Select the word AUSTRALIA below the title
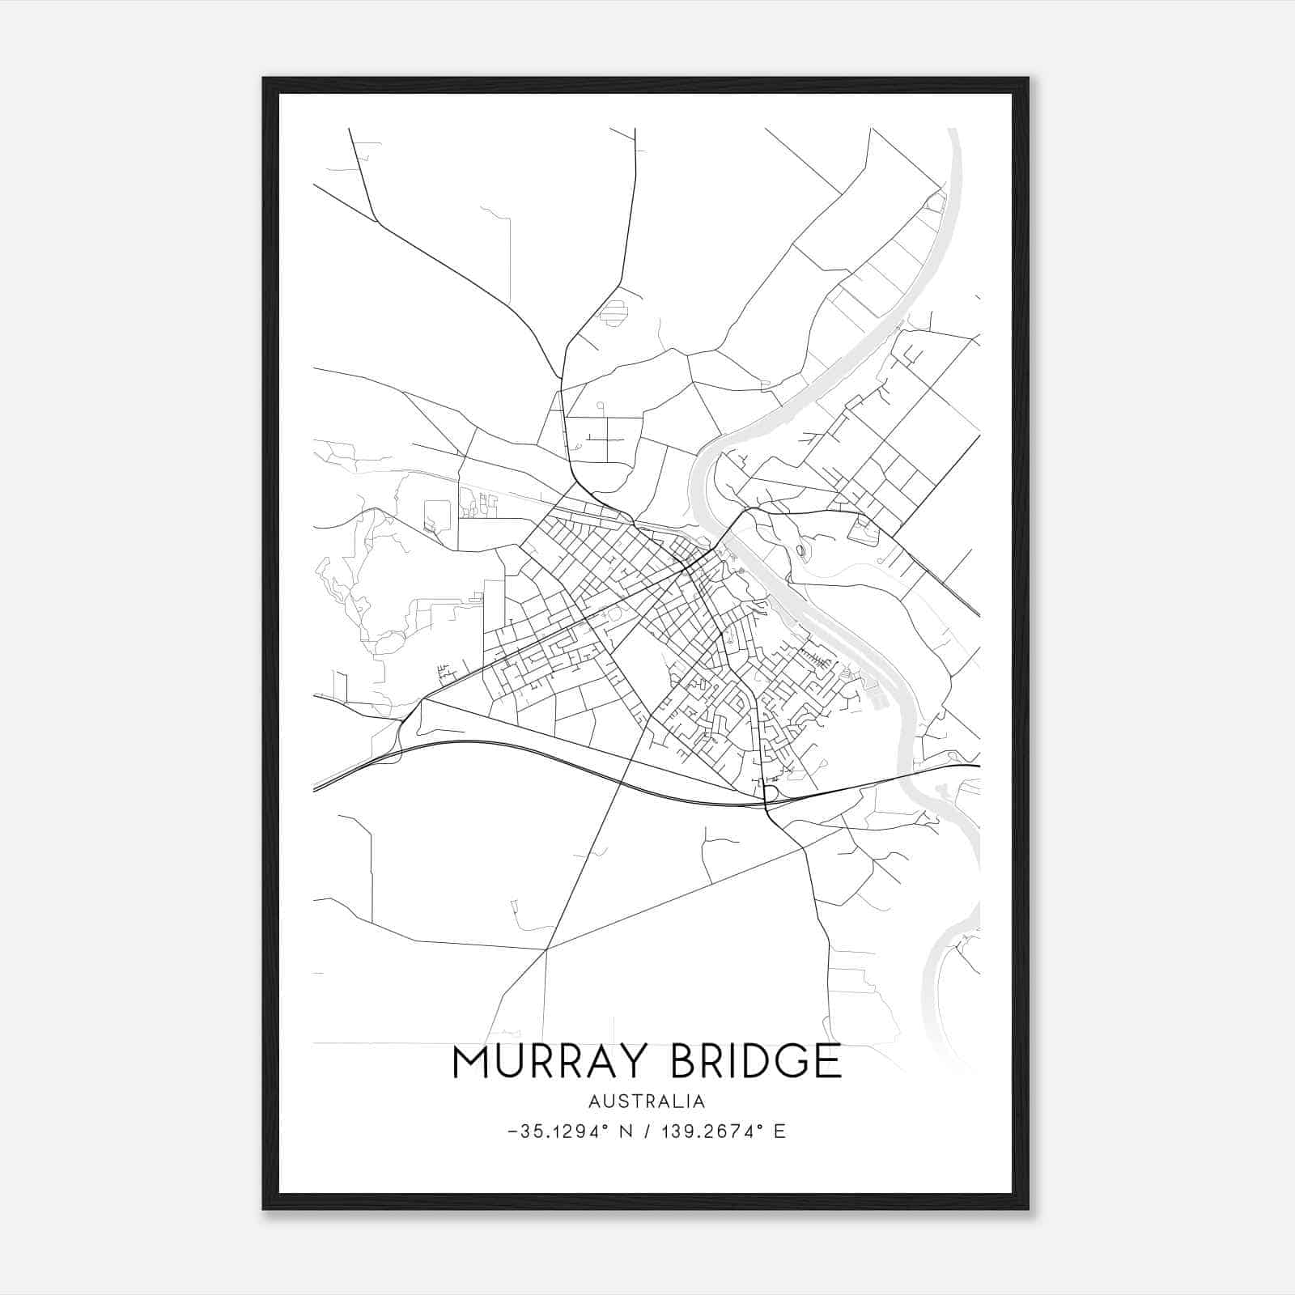click(647, 1102)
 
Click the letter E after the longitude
click(779, 1132)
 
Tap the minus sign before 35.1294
click(512, 1132)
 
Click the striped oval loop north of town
click(614, 312)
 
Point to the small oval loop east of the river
click(800, 551)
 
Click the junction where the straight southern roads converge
click(547, 949)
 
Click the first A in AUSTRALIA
click(595, 1102)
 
